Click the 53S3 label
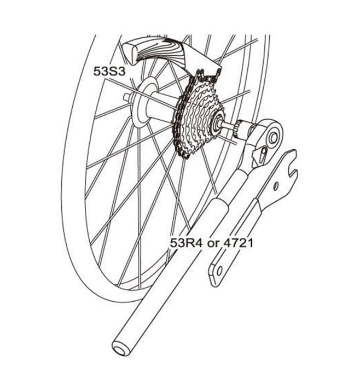coord(109,71)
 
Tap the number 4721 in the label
coord(238,243)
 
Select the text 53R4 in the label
coord(186,243)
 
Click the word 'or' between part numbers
coord(213,244)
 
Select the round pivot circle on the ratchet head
coord(273,138)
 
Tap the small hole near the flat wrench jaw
coord(276,186)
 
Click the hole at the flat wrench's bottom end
coord(219,271)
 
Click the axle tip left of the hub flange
coord(127,96)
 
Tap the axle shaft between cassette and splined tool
coord(230,126)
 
